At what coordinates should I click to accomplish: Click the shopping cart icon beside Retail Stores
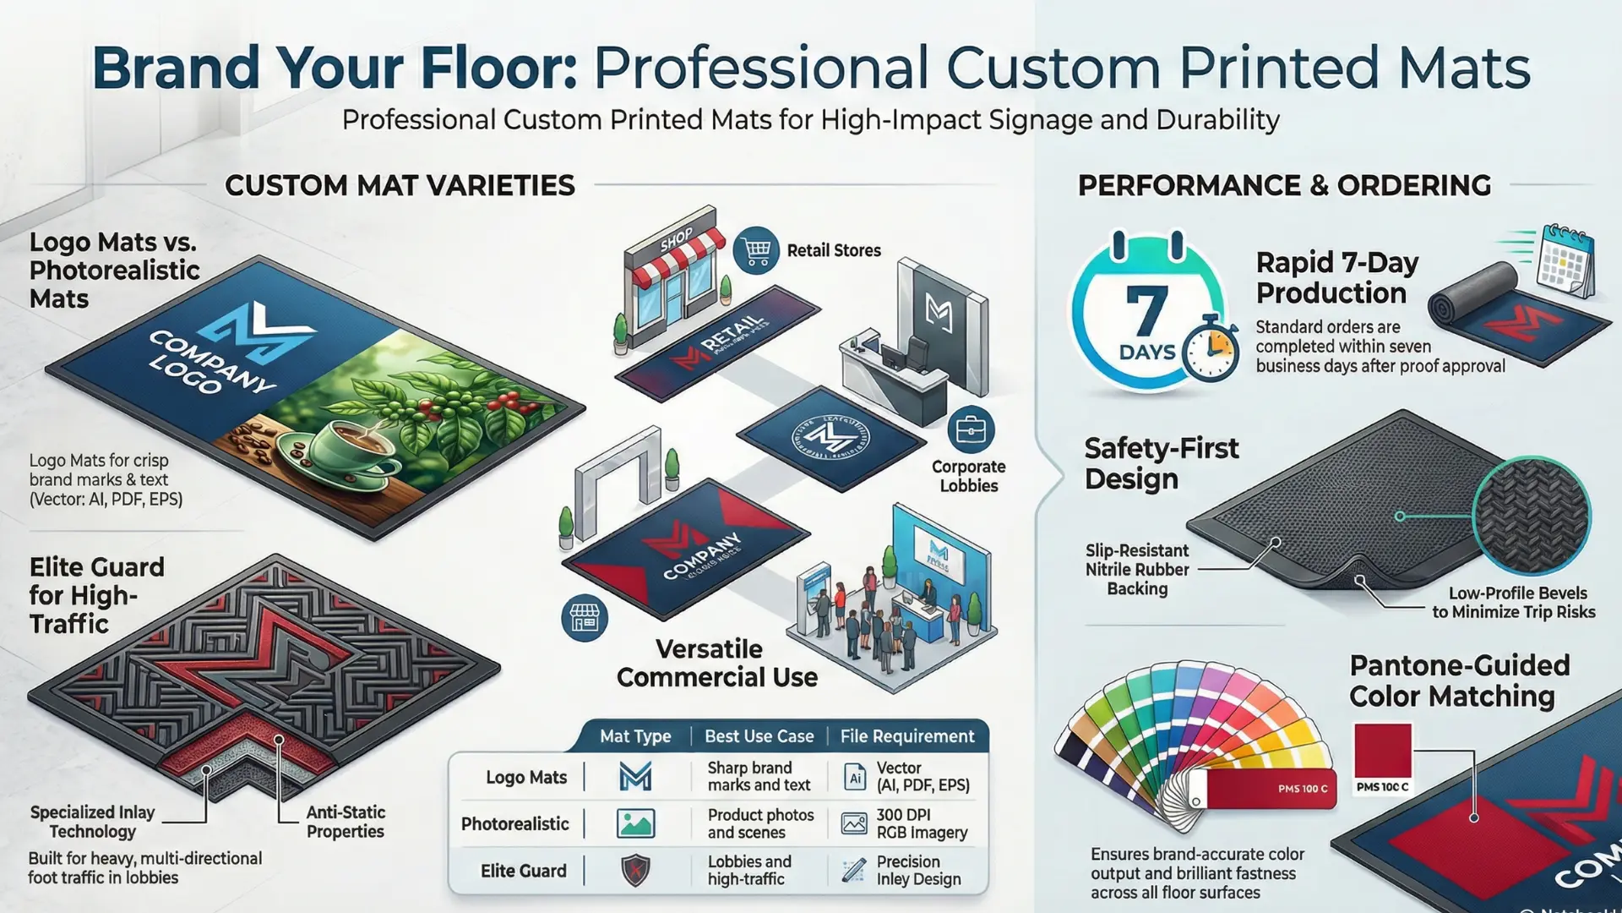(756, 250)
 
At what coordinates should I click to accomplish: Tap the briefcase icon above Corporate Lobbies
(971, 430)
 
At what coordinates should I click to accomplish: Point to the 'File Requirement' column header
(906, 736)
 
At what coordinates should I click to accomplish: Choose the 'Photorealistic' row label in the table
(514, 823)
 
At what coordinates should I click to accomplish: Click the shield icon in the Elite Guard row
(635, 870)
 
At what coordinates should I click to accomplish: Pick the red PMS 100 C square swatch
(1382, 751)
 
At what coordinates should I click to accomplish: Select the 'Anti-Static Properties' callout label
(346, 822)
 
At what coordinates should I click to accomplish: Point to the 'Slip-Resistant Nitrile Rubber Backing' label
(1137, 570)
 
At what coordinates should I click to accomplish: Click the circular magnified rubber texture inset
(1531, 515)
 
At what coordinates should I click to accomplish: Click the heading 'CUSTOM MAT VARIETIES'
(400, 185)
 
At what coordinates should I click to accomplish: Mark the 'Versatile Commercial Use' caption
(716, 663)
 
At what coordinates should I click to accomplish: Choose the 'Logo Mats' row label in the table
(525, 777)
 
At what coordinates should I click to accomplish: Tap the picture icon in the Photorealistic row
(635, 823)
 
